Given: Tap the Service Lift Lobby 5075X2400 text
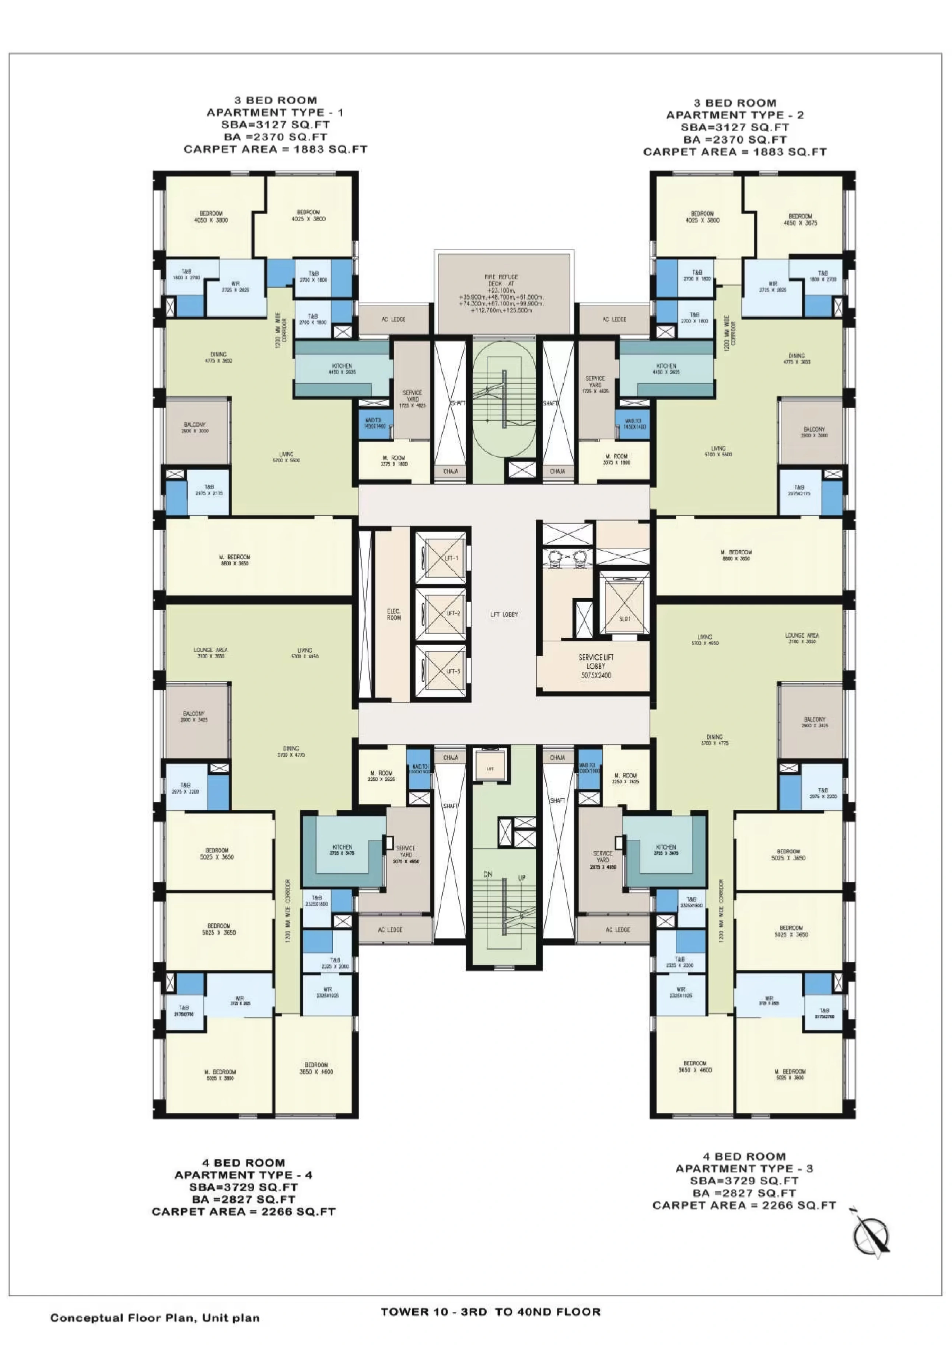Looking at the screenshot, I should point(596,666).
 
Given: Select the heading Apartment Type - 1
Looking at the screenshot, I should point(275,112).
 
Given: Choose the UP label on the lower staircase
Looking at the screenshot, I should point(522,878).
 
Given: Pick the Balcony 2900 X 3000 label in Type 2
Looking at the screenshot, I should point(814,432).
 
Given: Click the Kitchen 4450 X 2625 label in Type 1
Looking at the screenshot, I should point(342,369).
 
